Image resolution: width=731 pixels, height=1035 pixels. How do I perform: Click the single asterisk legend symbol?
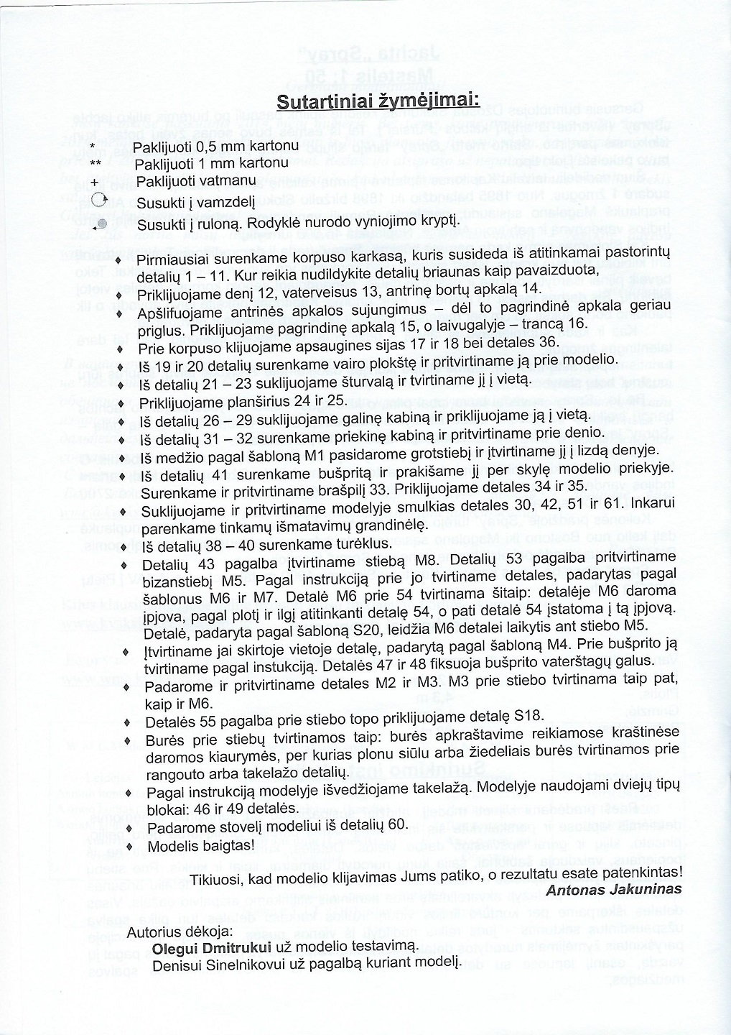(92, 147)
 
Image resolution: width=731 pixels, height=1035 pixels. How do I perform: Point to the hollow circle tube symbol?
(99, 201)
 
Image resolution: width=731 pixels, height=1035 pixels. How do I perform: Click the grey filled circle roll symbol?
(101, 223)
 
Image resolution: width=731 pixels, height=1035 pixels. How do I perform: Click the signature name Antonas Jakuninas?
(614, 889)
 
